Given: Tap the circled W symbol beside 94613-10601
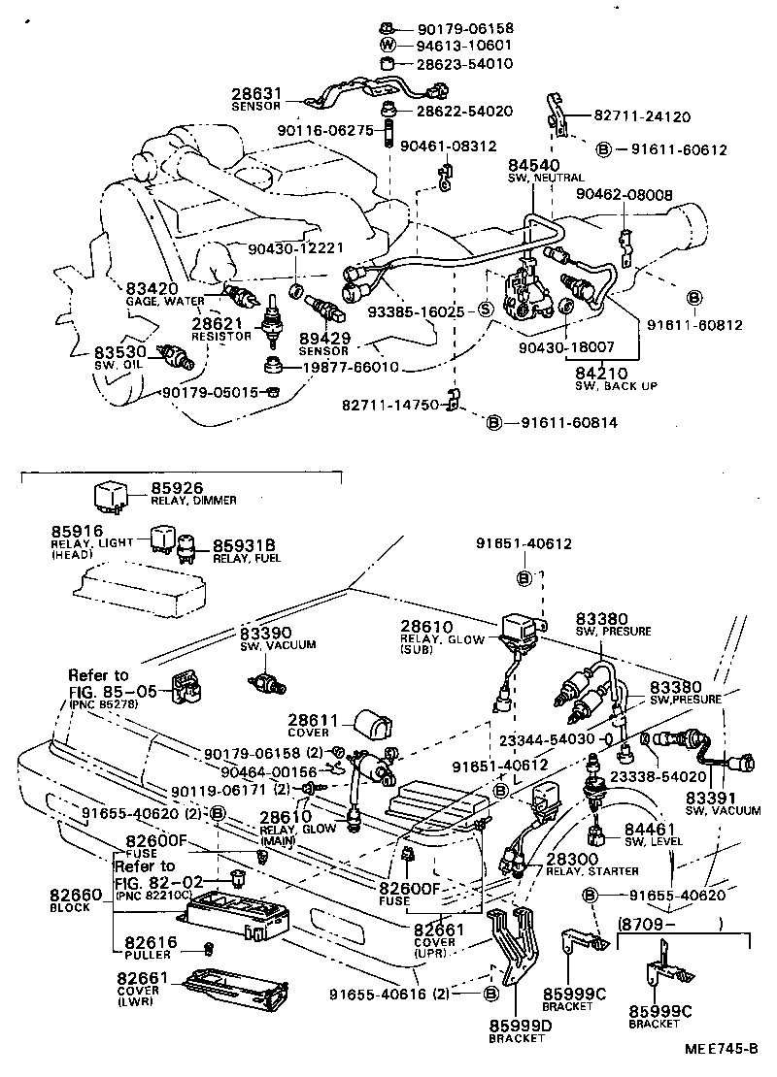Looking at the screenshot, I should [x=385, y=46].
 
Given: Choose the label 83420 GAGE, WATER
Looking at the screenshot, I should [x=165, y=294].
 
